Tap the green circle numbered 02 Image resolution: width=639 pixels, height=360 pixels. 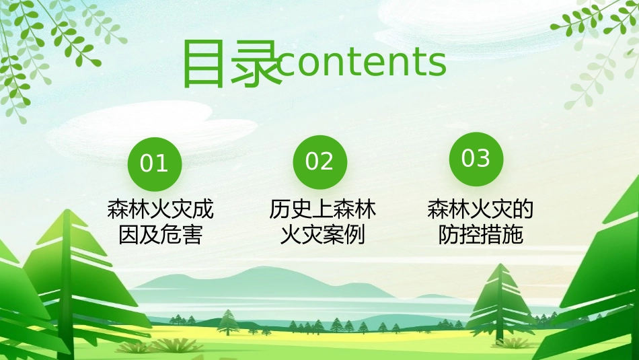[319, 162]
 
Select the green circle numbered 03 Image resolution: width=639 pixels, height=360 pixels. [476, 159]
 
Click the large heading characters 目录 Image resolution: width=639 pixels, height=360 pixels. [231, 64]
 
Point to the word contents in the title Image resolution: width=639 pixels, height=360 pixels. [362, 63]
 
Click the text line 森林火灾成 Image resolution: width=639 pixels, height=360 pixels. [160, 210]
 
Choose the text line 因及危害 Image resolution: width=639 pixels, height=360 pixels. [160, 236]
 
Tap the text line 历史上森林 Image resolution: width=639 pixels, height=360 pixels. [323, 210]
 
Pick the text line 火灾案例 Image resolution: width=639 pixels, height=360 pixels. [323, 236]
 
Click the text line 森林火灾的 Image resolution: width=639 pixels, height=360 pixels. [480, 210]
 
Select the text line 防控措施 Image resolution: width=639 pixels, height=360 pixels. [480, 236]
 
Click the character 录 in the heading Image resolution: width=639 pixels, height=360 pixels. [255, 64]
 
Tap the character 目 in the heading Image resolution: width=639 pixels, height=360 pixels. [204, 64]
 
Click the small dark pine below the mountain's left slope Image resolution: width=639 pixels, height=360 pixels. [228, 322]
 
